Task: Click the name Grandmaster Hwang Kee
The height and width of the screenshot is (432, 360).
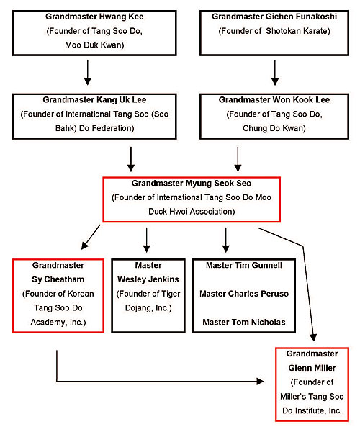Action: [x=94, y=17]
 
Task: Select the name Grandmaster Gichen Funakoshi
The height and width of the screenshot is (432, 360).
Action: [x=274, y=17]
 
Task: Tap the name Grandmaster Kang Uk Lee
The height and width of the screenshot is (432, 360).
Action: [x=94, y=100]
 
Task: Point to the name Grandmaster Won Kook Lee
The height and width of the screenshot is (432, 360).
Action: [x=274, y=100]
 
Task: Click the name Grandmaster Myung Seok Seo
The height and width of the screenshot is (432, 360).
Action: [x=192, y=183]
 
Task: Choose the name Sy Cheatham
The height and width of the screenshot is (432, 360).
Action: [x=58, y=279]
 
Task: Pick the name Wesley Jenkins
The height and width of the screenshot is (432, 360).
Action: [x=148, y=279]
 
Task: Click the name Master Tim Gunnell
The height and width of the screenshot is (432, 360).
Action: [x=244, y=265]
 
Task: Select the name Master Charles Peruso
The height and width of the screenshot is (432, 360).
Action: [x=244, y=294]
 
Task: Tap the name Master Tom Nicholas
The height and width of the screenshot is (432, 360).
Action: [x=244, y=322]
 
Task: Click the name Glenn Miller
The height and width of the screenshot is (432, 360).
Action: [x=312, y=368]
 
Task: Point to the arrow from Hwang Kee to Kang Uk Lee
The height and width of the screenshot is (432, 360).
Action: [x=88, y=73]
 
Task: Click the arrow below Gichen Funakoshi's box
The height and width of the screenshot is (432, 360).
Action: [x=275, y=73]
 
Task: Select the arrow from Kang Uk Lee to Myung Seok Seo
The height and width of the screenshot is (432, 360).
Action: [x=131, y=159]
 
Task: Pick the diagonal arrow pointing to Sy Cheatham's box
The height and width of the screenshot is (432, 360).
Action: [x=91, y=237]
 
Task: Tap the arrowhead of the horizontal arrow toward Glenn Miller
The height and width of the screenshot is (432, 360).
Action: [x=261, y=382]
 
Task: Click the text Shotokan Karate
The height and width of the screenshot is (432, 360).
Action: [x=298, y=31]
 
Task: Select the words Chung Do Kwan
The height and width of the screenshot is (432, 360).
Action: [x=274, y=128]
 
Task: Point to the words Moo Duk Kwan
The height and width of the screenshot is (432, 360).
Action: [x=94, y=45]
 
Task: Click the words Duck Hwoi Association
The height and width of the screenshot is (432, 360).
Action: [x=192, y=212]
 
